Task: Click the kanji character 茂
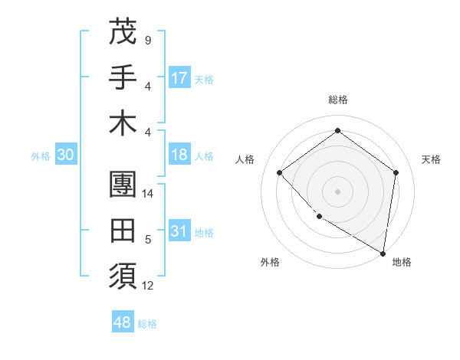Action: tap(123, 31)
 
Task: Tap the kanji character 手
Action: tap(123, 76)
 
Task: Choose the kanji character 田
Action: tap(123, 230)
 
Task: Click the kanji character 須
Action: tap(123, 274)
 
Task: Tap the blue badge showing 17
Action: tap(179, 77)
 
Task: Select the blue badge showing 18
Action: tap(179, 155)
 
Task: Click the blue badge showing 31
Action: tap(179, 231)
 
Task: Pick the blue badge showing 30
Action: tap(65, 155)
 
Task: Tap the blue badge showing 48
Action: tap(123, 322)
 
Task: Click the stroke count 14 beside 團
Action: tap(148, 194)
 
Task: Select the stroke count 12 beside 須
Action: tap(148, 286)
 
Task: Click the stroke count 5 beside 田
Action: tap(148, 241)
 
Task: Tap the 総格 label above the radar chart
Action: tap(337, 100)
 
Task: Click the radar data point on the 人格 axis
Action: tap(280, 172)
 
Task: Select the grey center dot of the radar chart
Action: tap(337, 191)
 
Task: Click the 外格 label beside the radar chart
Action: tap(270, 262)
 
